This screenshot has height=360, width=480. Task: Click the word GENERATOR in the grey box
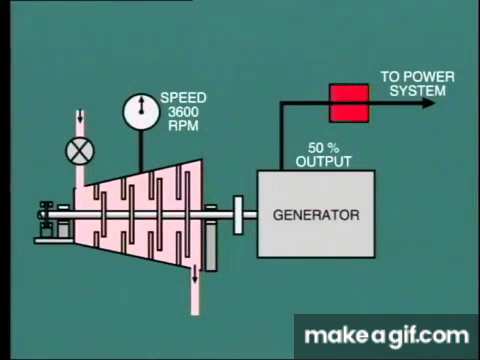pos(316,215)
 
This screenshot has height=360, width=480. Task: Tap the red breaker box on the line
pos(349,103)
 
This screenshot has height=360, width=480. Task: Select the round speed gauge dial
pos(141,112)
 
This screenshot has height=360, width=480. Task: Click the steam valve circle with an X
pos(80,151)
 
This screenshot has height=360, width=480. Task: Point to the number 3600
pos(183,112)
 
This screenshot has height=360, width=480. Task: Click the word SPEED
pos(183,98)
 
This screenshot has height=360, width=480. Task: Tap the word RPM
pos(183,126)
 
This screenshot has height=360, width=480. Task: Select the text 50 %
pos(323,148)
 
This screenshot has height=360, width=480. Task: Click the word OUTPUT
pos(323,162)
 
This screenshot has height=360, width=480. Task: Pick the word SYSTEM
pos(417,91)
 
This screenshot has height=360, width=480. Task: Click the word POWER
pos(430,77)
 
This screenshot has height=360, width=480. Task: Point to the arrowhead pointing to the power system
pos(429,103)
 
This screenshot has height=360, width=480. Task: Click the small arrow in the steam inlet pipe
pos(80,116)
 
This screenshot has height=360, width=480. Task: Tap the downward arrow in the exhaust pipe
pos(195,275)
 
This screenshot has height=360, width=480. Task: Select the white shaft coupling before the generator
pos(238,215)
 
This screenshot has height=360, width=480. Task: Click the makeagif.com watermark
pos(387,336)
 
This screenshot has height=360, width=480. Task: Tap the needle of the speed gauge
pos(141,105)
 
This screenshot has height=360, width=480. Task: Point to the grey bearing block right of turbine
pos(210,248)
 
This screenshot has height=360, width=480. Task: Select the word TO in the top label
pos(391,77)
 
